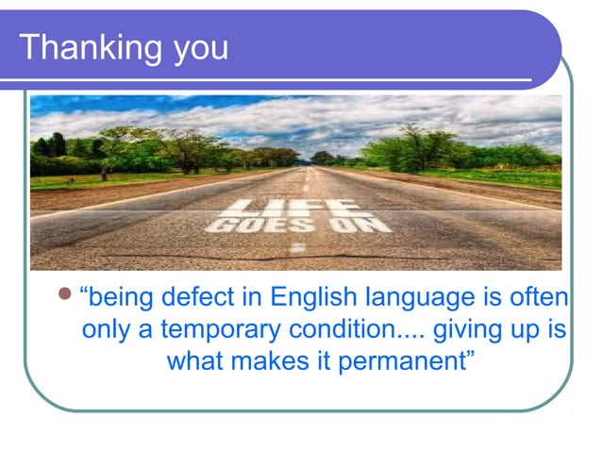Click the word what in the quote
point(193,360)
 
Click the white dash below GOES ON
point(298,247)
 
